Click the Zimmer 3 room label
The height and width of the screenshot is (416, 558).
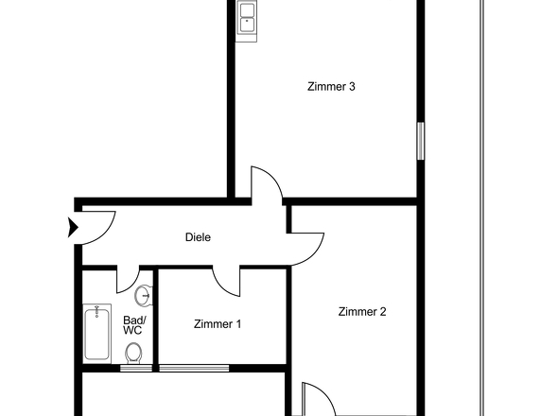click(x=331, y=86)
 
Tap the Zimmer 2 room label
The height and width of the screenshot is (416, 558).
click(x=362, y=312)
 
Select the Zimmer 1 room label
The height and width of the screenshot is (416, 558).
click(x=218, y=324)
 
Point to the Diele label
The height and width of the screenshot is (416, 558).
click(x=198, y=237)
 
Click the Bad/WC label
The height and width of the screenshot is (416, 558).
click(x=132, y=325)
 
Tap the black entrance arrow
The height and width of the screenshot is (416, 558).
click(x=73, y=228)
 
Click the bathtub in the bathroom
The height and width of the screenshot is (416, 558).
click(x=96, y=334)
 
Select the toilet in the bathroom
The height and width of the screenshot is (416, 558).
click(x=133, y=354)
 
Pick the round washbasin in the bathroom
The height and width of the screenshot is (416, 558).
click(x=144, y=295)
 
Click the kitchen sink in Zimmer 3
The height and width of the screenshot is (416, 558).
click(x=247, y=21)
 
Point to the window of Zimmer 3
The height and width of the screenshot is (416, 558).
click(x=421, y=141)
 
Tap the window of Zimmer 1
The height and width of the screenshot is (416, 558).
click(x=194, y=368)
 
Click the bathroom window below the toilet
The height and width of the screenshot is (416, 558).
click(x=136, y=368)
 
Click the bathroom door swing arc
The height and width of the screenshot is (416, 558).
click(x=132, y=285)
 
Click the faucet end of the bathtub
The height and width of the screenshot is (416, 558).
click(x=96, y=311)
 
